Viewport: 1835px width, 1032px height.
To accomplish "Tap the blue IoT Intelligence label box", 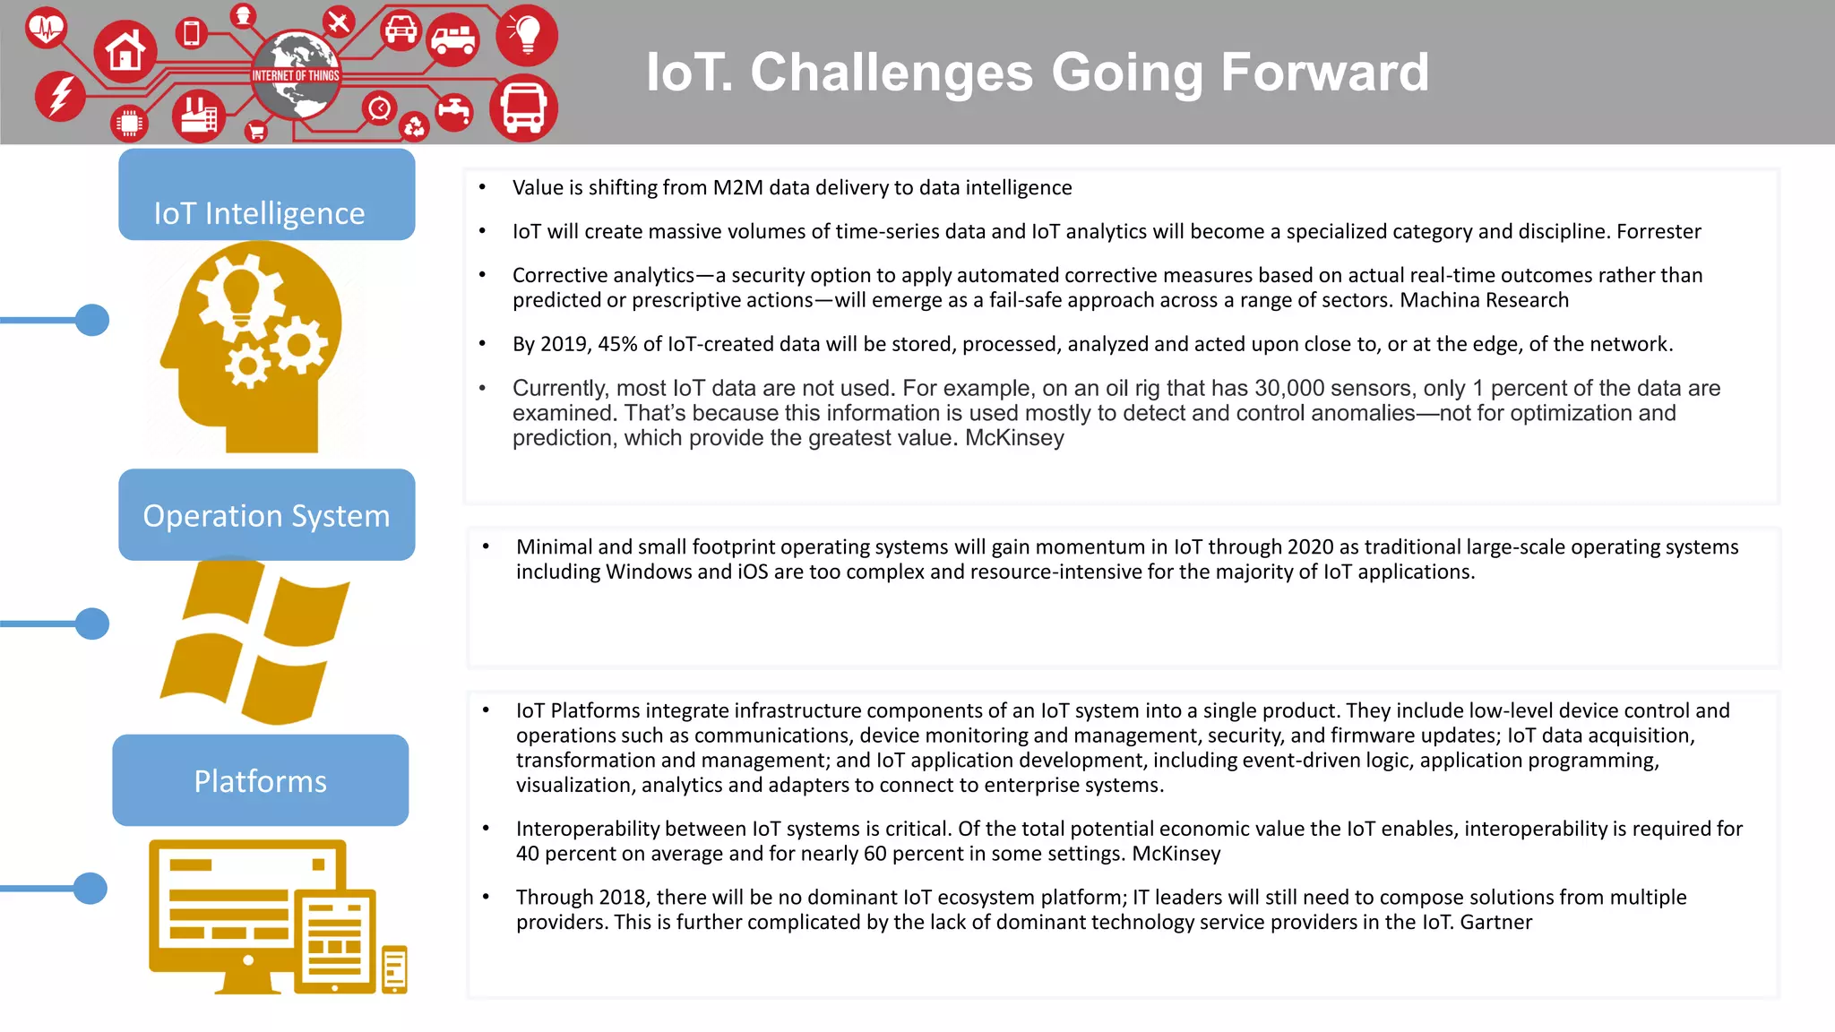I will click(x=266, y=194).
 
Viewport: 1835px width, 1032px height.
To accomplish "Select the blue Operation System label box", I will click(x=266, y=515).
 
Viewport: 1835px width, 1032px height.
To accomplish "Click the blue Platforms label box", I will click(x=261, y=780).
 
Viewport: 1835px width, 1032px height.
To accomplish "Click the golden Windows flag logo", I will click(x=255, y=641).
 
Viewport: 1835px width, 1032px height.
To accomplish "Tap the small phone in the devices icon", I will click(x=394, y=968).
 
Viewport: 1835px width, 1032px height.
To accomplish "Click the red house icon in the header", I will click(x=125, y=51).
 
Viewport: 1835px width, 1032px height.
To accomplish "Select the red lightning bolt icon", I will click(x=60, y=95).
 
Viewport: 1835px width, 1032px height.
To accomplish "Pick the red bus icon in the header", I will click(x=523, y=108).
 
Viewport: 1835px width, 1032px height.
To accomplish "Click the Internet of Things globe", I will click(x=296, y=75).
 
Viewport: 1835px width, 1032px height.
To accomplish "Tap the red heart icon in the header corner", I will click(x=45, y=28).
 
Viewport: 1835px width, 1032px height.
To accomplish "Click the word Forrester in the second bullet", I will click(x=1658, y=232).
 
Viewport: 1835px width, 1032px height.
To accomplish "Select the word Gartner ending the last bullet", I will click(x=1495, y=923).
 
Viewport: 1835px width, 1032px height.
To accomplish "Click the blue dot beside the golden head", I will click(x=92, y=320).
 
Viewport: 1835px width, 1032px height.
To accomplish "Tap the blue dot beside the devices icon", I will click(x=90, y=889).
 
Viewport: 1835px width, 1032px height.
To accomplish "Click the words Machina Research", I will click(x=1484, y=301).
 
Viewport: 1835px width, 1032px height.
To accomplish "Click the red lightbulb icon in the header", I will click(x=527, y=34).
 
